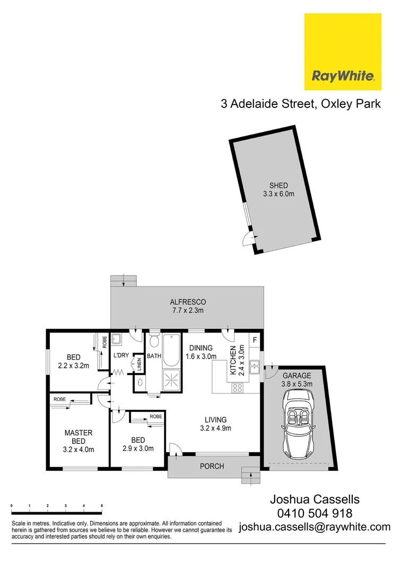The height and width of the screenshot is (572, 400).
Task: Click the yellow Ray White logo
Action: click(x=342, y=52)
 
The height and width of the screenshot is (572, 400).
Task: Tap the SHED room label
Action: click(x=279, y=185)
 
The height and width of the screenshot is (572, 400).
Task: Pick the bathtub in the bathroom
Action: click(x=171, y=350)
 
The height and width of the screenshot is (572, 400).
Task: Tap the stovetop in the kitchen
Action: click(x=238, y=387)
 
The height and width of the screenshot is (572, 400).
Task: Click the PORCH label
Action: click(x=212, y=466)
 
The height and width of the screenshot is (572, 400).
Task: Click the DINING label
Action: click(x=201, y=348)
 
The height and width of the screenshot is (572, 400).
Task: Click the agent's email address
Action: click(x=315, y=526)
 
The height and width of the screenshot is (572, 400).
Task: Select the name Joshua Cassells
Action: click(x=315, y=499)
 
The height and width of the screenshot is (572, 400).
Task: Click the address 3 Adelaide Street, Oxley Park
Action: click(x=300, y=103)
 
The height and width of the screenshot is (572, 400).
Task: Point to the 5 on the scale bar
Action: click(x=101, y=507)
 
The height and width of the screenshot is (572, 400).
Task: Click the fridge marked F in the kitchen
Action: click(x=255, y=339)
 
